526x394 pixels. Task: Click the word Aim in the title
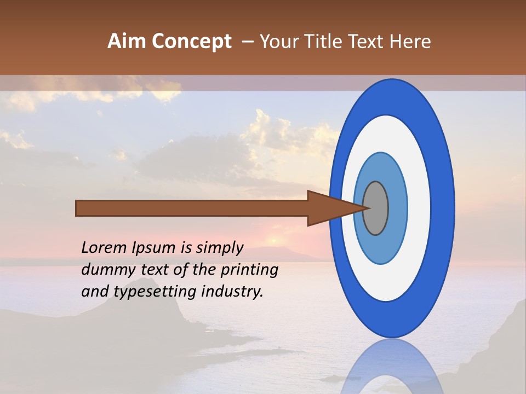[x=127, y=42]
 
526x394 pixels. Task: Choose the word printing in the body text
[x=249, y=270]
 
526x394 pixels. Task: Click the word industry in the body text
[x=232, y=291]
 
